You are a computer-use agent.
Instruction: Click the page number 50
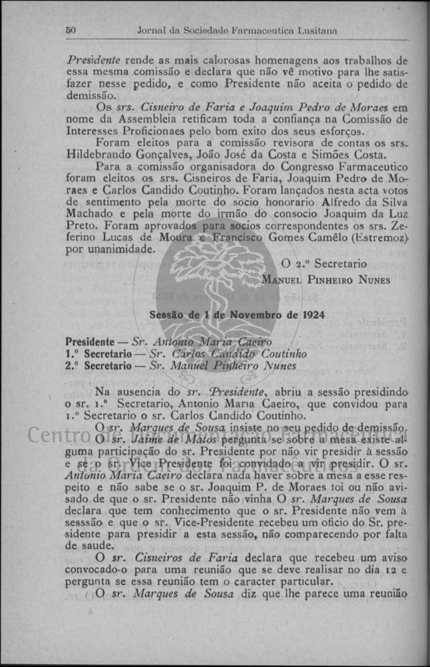point(72,31)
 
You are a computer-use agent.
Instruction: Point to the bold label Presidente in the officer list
point(92,342)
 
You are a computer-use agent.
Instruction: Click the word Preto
point(82,226)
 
